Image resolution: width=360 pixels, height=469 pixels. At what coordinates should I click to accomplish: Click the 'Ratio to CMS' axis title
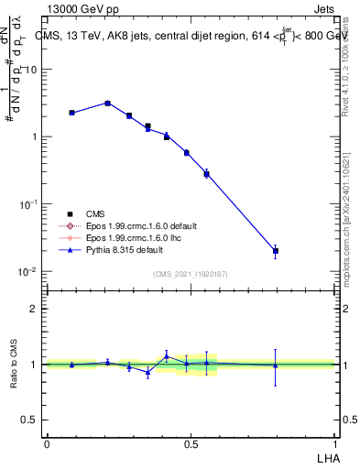(x=13, y=364)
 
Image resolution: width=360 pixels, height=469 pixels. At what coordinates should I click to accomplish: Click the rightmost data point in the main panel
(x=276, y=250)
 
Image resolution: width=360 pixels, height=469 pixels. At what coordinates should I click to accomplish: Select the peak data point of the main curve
(x=108, y=103)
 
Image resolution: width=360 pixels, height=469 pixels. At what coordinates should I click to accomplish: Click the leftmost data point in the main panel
(x=71, y=113)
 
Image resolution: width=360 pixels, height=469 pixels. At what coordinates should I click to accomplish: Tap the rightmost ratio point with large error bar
(x=276, y=365)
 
